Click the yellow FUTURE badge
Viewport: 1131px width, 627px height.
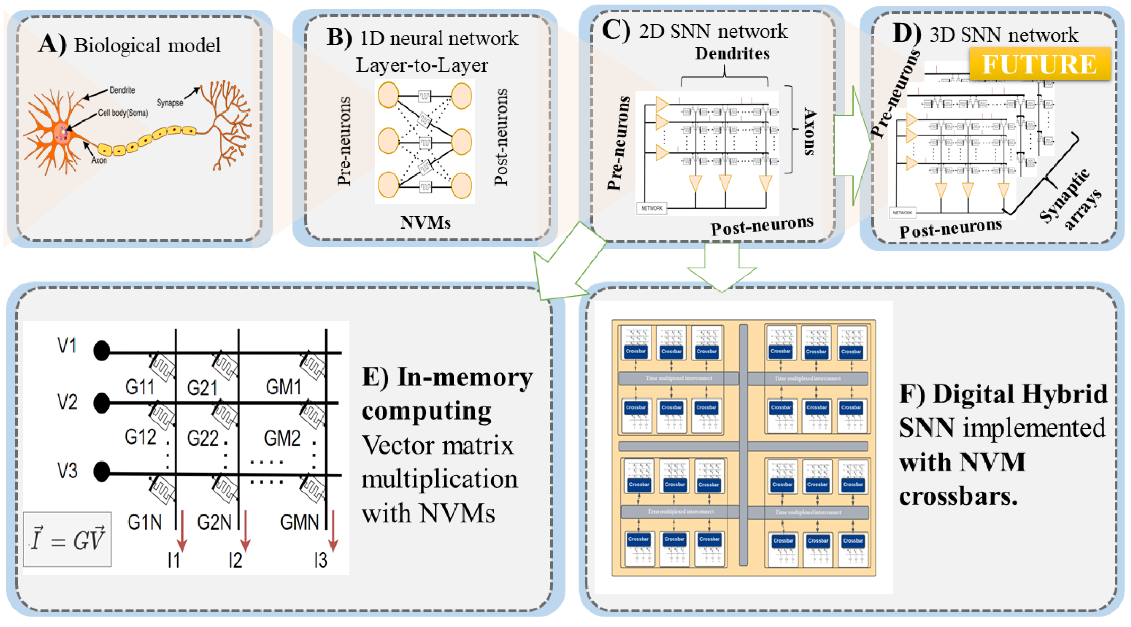tap(1039, 64)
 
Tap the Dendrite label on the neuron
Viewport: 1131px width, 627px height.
tap(122, 90)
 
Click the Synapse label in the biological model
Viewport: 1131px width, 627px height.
tap(169, 103)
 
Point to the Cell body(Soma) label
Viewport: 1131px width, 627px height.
tap(123, 113)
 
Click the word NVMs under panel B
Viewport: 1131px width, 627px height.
tap(425, 223)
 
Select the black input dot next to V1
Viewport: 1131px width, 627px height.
tap(101, 351)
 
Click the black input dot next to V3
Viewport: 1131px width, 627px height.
tap(101, 472)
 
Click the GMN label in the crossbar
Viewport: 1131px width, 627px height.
tap(299, 522)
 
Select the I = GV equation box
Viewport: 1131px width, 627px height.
tap(67, 539)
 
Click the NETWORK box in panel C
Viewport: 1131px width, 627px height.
tap(652, 208)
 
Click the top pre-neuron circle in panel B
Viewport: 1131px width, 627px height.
tap(388, 95)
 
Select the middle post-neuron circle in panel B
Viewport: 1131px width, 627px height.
tap(461, 142)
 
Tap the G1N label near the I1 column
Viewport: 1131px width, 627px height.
tap(144, 522)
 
